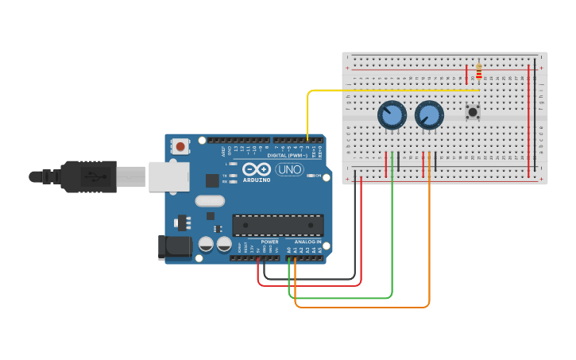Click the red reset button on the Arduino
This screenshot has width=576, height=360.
[181, 145]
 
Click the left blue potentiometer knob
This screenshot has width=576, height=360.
[392, 116]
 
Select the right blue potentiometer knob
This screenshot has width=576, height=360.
[429, 116]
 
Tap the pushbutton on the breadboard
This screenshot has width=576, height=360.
[473, 112]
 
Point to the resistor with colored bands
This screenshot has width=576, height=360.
[478, 72]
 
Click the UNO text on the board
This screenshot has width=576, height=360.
[289, 169]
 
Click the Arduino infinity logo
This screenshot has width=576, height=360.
[257, 168]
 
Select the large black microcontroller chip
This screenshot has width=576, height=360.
[277, 225]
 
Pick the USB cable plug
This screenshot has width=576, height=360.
[87, 176]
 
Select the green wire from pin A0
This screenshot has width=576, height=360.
[342, 298]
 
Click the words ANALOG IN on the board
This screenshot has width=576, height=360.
[307, 242]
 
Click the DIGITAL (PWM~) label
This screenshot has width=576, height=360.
[288, 155]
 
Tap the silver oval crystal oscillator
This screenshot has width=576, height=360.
[210, 201]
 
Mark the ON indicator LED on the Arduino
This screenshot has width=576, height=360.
[310, 176]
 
